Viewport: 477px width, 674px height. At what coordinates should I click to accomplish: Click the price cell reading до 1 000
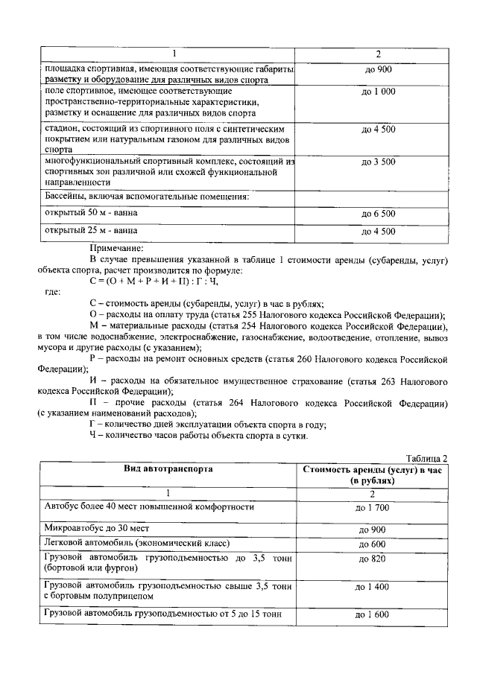[x=378, y=92]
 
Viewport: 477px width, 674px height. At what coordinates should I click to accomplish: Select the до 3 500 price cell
[x=378, y=161]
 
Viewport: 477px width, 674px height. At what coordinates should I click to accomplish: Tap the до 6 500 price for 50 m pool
[x=378, y=214]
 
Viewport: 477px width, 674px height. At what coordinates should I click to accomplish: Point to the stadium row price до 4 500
[x=378, y=129]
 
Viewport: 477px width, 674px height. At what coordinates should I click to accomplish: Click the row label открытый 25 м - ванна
[x=92, y=231]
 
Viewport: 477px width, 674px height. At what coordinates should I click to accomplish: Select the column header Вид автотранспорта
[x=168, y=469]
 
